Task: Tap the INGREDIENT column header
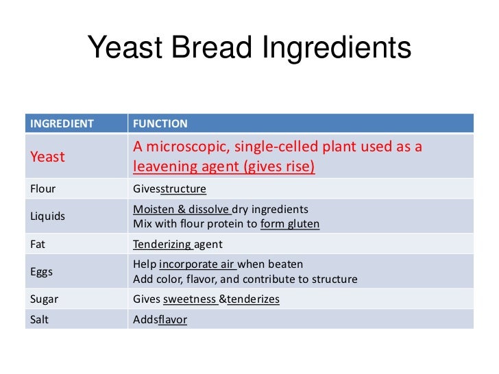(x=61, y=124)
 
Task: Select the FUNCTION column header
(x=160, y=124)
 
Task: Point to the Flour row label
(x=42, y=188)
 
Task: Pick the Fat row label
(x=38, y=244)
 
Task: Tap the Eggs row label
(x=42, y=272)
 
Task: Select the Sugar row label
(x=43, y=299)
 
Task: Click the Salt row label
(x=40, y=319)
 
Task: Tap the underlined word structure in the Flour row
(x=183, y=188)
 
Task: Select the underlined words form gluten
(x=290, y=223)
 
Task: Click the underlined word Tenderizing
(x=162, y=244)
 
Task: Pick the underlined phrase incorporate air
(x=197, y=264)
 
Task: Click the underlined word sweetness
(x=190, y=299)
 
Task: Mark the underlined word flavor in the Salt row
(x=172, y=319)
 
